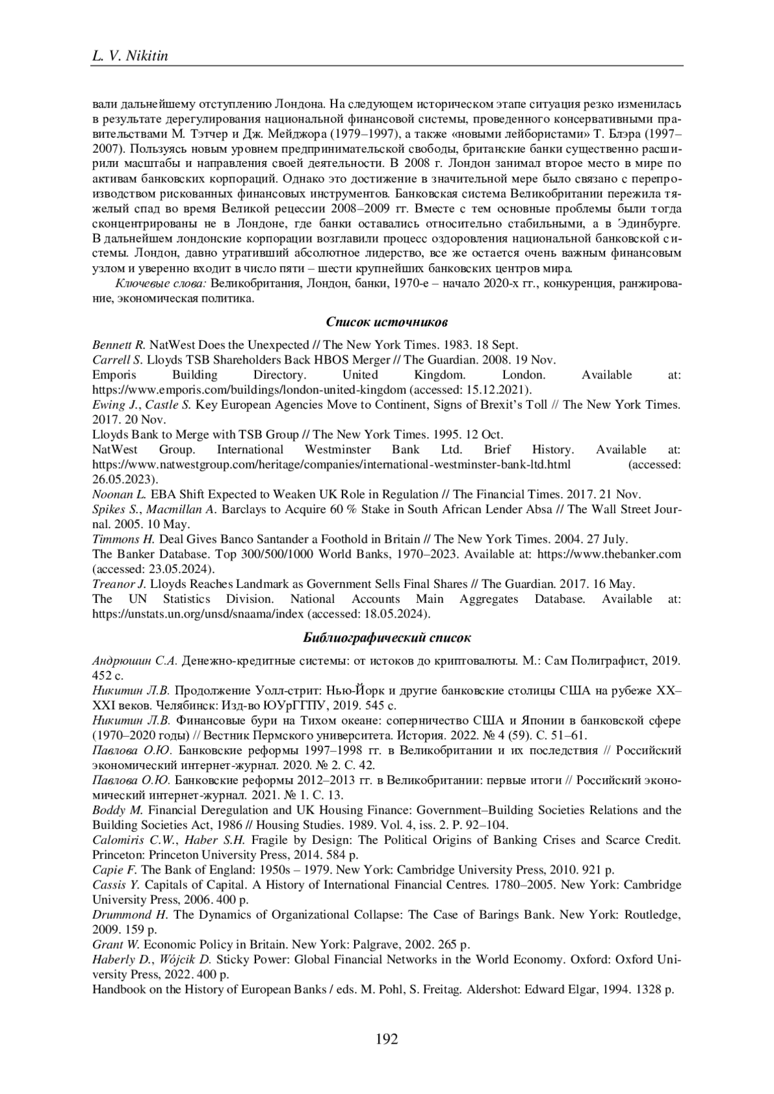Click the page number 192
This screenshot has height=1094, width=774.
pos(387,1039)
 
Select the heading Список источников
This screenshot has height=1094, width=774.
pos(386,321)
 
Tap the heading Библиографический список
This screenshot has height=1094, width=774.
pos(386,638)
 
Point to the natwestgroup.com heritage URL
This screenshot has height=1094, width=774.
pos(332,464)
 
